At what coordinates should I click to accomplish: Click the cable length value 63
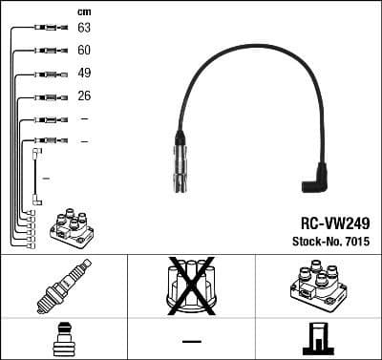click(84, 29)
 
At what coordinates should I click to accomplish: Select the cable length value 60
click(84, 51)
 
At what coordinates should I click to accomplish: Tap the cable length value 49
click(84, 74)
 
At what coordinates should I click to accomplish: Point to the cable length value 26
click(84, 96)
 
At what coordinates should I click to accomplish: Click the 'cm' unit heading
click(83, 11)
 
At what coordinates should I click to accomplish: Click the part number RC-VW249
click(329, 222)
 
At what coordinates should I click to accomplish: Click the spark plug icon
click(63, 286)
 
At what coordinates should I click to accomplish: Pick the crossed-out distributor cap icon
click(191, 286)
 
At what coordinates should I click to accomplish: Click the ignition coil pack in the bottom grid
click(317, 286)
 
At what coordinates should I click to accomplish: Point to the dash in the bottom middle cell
click(191, 340)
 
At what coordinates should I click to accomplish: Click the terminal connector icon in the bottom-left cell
click(63, 338)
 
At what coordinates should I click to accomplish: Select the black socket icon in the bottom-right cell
click(317, 339)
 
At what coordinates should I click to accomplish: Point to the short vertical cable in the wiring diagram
click(37, 176)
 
